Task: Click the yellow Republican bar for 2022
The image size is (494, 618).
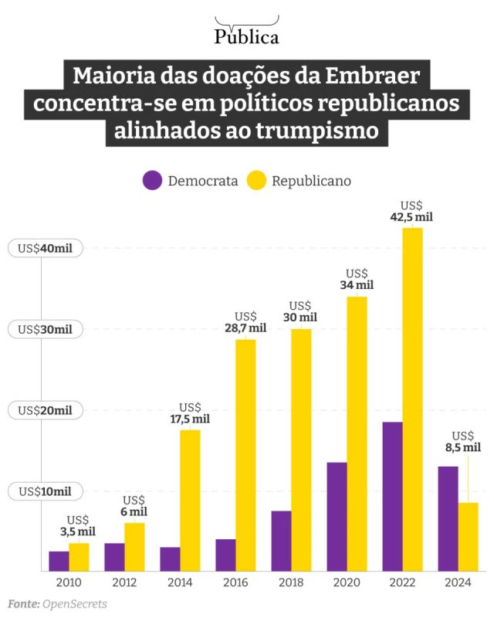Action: [413, 399]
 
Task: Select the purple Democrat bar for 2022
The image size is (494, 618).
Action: [392, 496]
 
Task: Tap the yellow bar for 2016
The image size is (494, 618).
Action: [245, 455]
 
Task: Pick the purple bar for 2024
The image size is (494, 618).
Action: [448, 518]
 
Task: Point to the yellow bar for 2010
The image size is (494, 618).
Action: [79, 557]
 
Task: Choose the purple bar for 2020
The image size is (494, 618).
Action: [337, 516]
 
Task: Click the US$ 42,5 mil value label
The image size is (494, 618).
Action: [411, 212]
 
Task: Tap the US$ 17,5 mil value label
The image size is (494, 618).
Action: [190, 413]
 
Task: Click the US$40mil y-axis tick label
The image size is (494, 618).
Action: [45, 249]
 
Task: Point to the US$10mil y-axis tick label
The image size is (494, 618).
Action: [45, 491]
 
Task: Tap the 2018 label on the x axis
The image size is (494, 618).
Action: [291, 582]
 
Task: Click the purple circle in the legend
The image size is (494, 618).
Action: [153, 181]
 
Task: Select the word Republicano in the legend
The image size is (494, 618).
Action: [311, 181]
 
